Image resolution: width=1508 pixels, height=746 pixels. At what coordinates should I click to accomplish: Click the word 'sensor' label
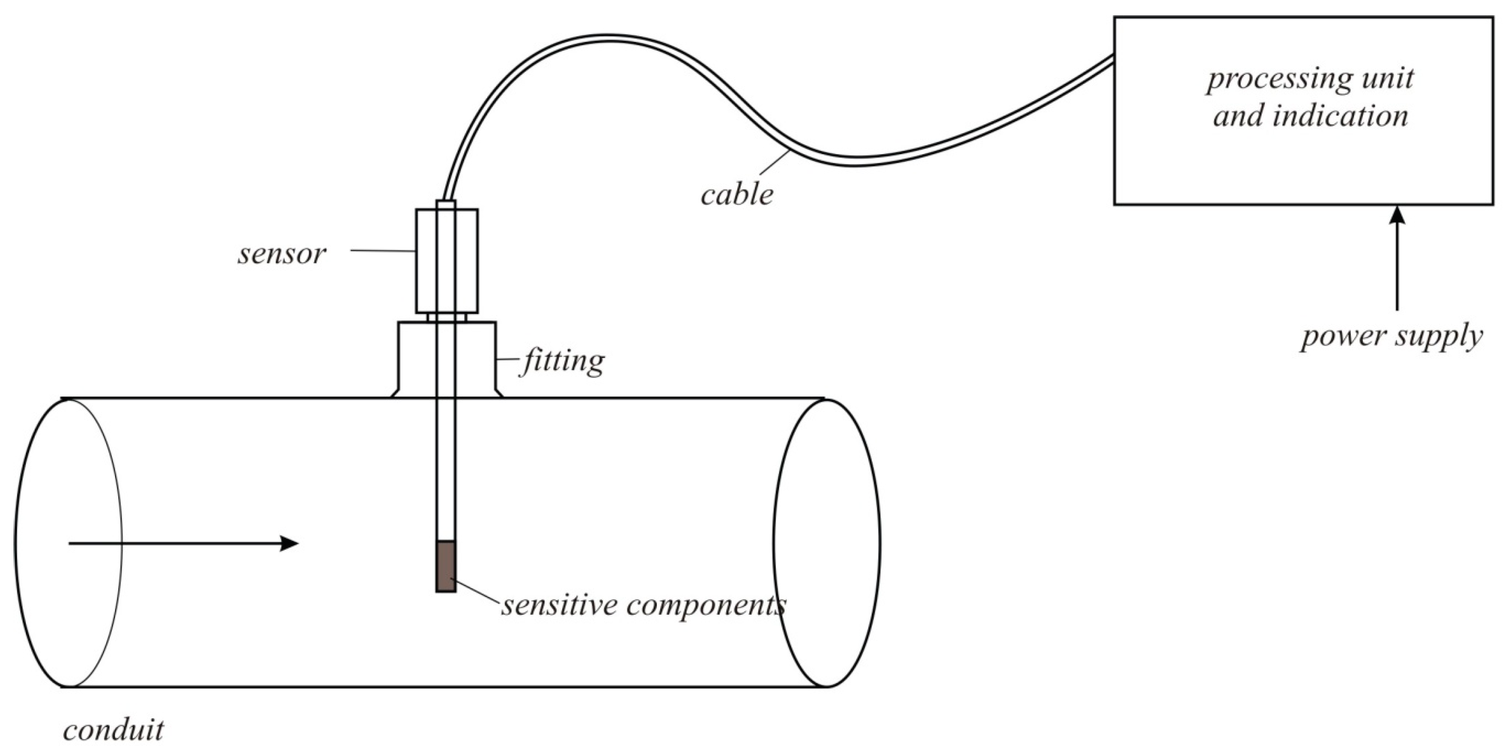pos(281,254)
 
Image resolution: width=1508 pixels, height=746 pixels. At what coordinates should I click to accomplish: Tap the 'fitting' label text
pos(563,361)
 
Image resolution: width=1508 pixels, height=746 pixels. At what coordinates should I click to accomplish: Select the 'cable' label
pos(737,194)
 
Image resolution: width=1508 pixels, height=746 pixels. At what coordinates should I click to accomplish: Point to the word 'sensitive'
pos(559,605)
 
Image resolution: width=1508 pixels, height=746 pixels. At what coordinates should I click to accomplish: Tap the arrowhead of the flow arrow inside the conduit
pos(290,543)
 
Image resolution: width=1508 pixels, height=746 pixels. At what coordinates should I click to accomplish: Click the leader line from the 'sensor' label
pos(383,251)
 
